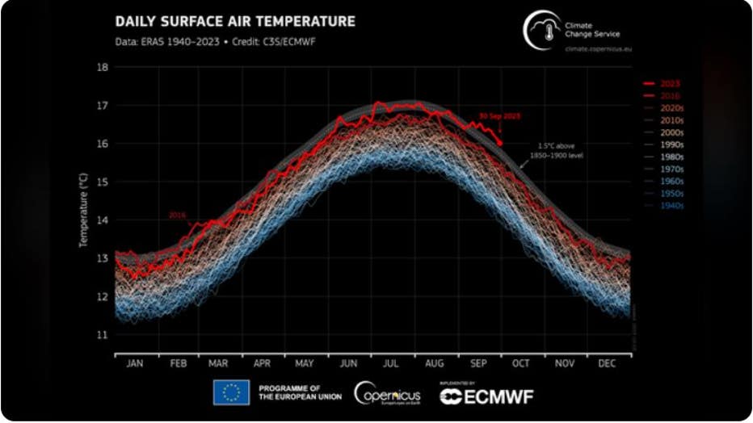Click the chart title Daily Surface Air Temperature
coord(235,21)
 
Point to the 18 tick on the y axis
coord(103,67)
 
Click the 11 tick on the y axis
coord(103,334)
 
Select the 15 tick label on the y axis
coord(103,182)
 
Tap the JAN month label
coord(135,363)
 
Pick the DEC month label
coord(607,363)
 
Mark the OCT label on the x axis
coord(521,363)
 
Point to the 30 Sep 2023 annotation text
coord(499,116)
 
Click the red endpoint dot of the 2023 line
coord(500,143)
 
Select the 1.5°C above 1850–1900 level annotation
coord(556,150)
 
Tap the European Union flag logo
coord(231,393)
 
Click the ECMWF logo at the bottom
coord(486,395)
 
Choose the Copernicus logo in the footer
coord(387,394)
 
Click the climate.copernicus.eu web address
coord(599,49)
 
